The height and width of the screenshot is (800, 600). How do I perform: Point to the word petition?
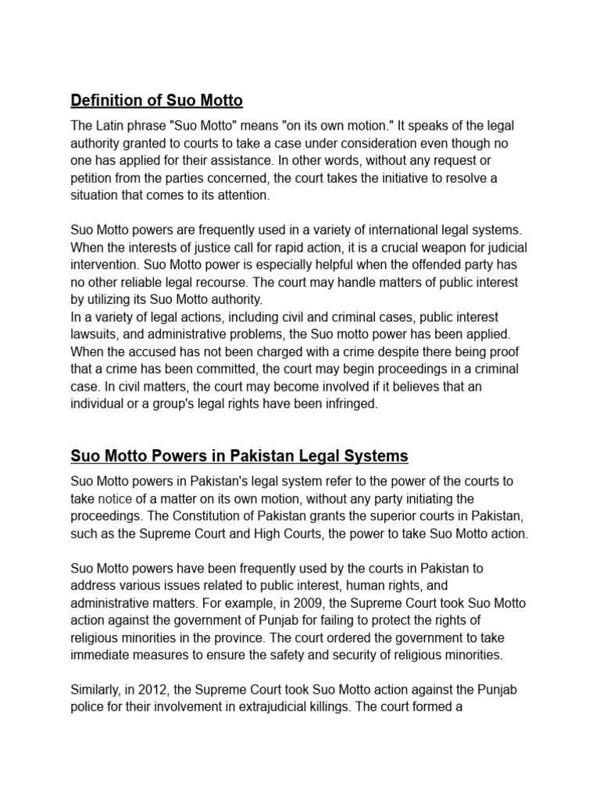[92, 178]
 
